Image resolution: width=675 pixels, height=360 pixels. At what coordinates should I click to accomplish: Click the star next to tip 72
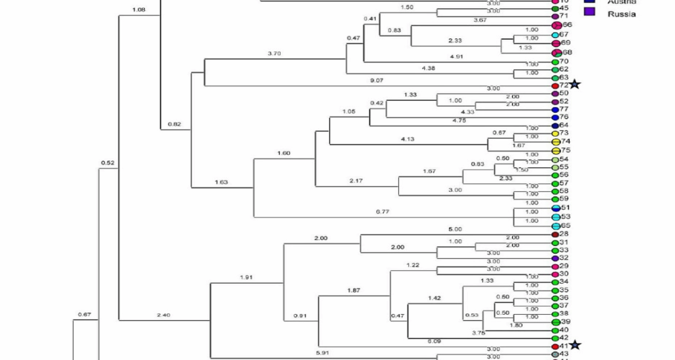575,84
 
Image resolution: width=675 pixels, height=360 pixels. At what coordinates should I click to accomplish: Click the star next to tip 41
575,345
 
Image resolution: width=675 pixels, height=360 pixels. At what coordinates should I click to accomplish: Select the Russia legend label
622,14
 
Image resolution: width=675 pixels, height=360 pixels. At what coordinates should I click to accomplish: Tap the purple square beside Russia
590,12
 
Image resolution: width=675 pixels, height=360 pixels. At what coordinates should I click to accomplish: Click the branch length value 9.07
377,81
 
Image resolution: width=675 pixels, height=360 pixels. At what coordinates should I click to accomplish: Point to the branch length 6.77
382,212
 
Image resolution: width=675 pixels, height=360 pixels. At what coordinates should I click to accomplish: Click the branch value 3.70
274,53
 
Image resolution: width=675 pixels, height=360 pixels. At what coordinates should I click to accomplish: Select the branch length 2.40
163,315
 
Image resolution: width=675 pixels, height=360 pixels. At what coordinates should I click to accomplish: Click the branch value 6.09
434,341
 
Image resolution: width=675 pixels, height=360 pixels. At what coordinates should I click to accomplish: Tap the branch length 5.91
322,353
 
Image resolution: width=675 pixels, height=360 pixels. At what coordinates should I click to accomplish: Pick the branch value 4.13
407,139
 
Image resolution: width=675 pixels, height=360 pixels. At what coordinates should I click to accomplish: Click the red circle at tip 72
555,86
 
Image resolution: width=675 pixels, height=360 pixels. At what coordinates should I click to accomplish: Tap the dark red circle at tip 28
555,234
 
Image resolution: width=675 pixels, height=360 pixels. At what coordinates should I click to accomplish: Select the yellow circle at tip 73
555,134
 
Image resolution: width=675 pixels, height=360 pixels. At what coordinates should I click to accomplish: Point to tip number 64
564,125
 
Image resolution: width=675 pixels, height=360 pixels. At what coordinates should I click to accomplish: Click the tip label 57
564,183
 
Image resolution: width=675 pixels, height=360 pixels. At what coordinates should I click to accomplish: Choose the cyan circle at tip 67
555,35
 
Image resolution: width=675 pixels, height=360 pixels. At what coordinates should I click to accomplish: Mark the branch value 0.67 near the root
84,314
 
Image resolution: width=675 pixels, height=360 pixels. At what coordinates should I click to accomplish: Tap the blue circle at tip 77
555,110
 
